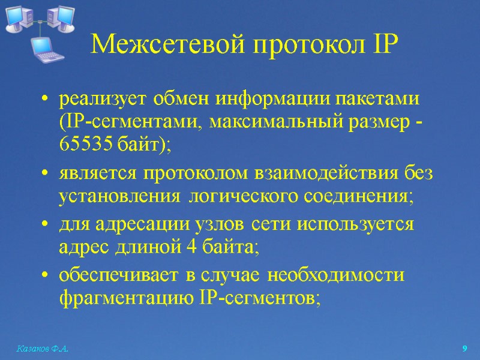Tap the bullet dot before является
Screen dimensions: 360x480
coord(46,175)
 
